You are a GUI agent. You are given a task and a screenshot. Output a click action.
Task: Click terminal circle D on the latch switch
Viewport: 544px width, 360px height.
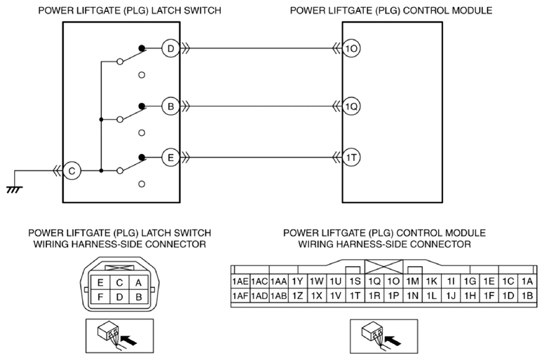(170, 48)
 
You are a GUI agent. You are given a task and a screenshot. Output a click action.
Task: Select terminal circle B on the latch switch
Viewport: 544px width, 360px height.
(170, 106)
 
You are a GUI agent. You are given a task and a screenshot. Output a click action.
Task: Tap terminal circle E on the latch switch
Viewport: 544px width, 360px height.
(170, 158)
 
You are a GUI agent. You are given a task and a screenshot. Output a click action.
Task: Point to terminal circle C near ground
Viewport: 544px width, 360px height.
(72, 171)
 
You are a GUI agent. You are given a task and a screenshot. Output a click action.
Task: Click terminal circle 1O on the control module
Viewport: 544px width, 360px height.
(351, 48)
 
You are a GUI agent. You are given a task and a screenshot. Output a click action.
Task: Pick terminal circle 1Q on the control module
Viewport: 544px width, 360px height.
(351, 106)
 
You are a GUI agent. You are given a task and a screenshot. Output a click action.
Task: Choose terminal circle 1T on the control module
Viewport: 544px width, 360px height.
(351, 158)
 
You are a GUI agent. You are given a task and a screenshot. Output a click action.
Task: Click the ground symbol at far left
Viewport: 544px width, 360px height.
(14, 189)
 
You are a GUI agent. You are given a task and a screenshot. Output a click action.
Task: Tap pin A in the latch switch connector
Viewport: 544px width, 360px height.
(138, 283)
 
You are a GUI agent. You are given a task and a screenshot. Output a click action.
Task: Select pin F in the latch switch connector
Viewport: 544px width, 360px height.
(100, 297)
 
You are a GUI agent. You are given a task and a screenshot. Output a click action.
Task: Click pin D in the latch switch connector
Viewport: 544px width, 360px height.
(119, 297)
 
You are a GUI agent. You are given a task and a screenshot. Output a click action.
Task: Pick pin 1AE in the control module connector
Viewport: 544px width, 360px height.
(240, 282)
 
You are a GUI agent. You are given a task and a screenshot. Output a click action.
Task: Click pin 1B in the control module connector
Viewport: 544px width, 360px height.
(527, 296)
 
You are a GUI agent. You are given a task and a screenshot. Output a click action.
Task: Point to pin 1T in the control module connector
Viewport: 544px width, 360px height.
(355, 296)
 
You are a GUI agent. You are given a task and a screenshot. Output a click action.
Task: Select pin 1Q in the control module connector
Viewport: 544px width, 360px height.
(374, 282)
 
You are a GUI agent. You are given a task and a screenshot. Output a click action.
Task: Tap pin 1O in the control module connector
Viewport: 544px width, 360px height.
(393, 282)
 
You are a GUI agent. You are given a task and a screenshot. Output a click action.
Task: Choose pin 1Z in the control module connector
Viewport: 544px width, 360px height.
(298, 296)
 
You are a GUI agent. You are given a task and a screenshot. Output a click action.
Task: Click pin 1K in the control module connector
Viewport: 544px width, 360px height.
(431, 282)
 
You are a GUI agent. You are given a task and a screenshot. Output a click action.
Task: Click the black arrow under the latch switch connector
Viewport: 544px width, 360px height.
(130, 340)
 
